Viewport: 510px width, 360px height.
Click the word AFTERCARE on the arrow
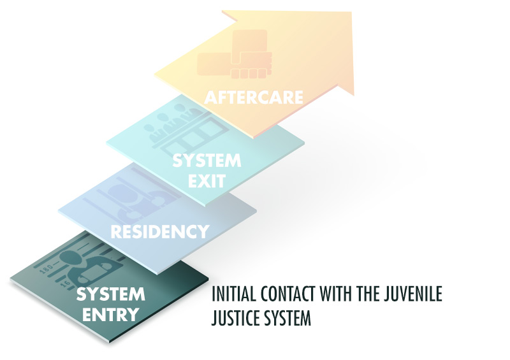[x=253, y=97]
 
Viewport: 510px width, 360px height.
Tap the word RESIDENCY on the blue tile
[x=160, y=231]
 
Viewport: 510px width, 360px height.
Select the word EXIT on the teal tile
[x=207, y=180]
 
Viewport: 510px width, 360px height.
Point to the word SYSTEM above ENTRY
[x=111, y=295]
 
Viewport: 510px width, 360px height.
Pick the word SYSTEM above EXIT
[x=207, y=160]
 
